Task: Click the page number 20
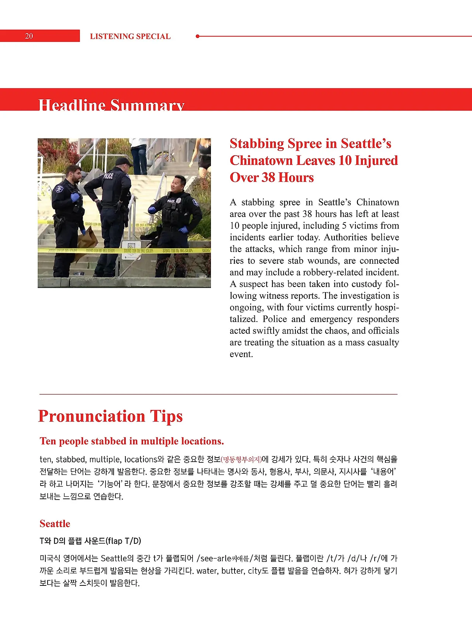(x=29, y=36)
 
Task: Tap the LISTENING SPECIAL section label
(x=130, y=36)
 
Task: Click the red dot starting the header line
(x=198, y=36)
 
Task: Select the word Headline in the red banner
(x=72, y=105)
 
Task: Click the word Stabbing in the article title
(x=257, y=143)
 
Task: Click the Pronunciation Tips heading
(x=110, y=416)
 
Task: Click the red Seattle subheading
(x=55, y=524)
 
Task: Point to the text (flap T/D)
(x=124, y=541)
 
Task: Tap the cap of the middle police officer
(x=123, y=161)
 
